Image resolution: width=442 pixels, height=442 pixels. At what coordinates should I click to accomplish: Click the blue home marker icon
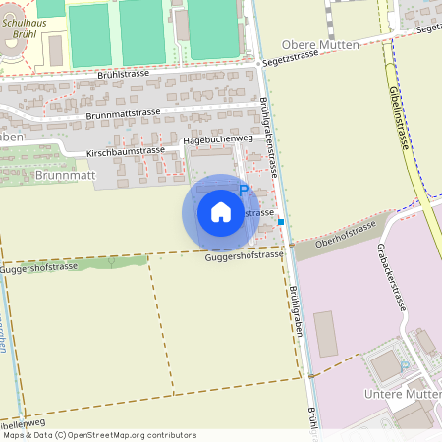(x=221, y=211)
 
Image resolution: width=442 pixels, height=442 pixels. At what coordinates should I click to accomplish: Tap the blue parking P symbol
(x=244, y=192)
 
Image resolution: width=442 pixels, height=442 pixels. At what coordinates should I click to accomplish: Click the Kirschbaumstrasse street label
(x=126, y=151)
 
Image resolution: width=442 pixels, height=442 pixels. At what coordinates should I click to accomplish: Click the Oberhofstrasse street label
(x=349, y=234)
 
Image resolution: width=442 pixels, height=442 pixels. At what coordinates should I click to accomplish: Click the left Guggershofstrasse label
(x=39, y=267)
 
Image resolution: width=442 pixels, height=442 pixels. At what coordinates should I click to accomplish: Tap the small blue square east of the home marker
(x=281, y=222)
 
